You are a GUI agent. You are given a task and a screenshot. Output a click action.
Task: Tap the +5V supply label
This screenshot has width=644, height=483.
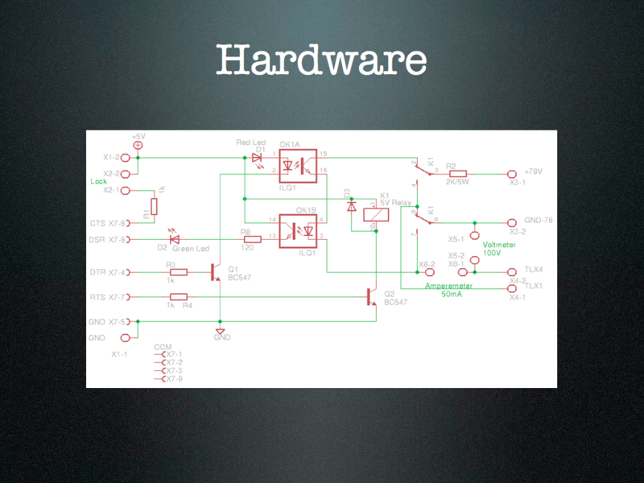[138, 137]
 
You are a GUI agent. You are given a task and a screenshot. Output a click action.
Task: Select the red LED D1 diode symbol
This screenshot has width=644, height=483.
[257, 158]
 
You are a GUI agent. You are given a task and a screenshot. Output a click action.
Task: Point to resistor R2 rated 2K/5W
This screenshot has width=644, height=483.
[458, 173]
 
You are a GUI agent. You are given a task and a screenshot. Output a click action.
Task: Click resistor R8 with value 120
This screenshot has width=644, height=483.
[252, 239]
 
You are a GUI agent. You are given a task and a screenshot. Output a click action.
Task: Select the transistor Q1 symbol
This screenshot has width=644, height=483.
[216, 272]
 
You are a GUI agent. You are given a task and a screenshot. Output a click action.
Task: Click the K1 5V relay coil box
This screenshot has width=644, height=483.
[373, 214]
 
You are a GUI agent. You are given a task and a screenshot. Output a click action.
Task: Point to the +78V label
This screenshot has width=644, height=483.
[533, 172]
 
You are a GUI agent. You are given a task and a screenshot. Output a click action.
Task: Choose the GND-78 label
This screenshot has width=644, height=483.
[537, 221]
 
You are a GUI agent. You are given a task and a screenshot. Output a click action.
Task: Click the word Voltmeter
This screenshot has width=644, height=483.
[499, 244]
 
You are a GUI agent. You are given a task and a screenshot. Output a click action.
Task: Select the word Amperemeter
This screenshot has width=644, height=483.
[448, 286]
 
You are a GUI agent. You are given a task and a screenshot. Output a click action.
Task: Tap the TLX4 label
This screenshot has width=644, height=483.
[533, 269]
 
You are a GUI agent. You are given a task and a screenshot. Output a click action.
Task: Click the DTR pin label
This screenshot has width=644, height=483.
[99, 272]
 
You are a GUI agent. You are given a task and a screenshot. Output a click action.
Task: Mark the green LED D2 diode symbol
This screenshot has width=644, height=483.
[174, 239]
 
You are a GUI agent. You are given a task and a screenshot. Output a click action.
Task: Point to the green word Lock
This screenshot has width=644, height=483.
[98, 181]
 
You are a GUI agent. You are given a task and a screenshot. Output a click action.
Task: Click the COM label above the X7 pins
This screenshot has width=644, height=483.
[162, 346]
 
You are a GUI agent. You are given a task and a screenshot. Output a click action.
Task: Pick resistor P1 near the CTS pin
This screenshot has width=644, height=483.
[154, 207]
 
